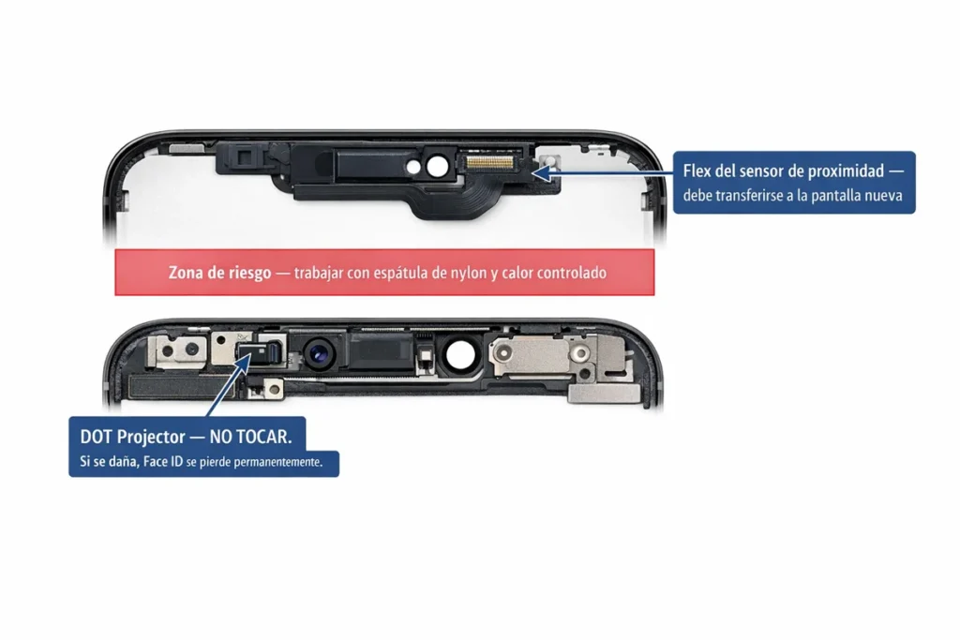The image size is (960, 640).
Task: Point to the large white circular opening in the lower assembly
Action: (x=460, y=355)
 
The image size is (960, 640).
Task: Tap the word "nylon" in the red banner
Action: (x=469, y=273)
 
